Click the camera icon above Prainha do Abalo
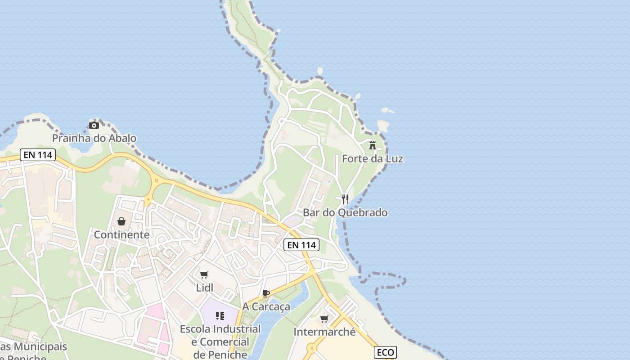[94, 125]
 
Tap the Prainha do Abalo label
[94, 138]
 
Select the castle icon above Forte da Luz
[373, 145]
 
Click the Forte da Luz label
[373, 159]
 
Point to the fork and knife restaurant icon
[345, 199]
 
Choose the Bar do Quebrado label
[345, 212]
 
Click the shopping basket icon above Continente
[121, 221]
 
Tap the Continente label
[121, 234]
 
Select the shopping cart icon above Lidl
[204, 274]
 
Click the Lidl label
[204, 288]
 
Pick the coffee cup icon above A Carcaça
[266, 293]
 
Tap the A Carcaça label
[266, 306]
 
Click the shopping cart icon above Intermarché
[324, 319]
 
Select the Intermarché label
[324, 332]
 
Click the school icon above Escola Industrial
[220, 316]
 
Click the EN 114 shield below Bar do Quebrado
[301, 245]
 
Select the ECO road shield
[385, 352]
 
